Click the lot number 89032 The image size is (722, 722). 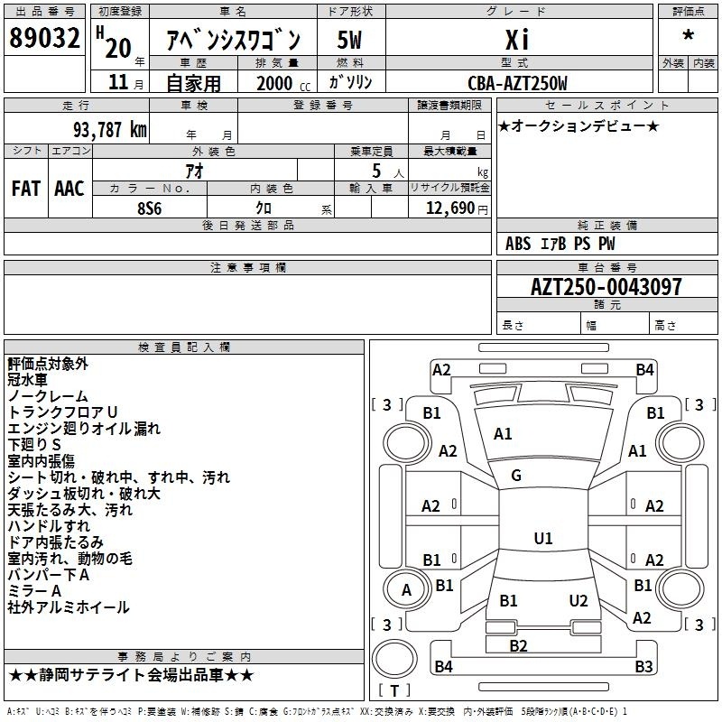(x=44, y=38)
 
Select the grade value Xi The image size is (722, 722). (x=517, y=40)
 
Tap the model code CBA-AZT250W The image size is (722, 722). (x=517, y=83)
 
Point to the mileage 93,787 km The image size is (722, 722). (x=110, y=130)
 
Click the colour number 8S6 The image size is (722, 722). (x=150, y=208)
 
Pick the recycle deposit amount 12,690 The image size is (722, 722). (x=450, y=208)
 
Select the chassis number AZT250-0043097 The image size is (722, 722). (x=606, y=287)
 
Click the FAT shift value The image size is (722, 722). (x=26, y=189)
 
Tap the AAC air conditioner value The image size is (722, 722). (x=69, y=189)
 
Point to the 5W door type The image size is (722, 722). (x=349, y=40)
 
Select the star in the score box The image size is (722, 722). (x=689, y=34)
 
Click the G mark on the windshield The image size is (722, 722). (x=516, y=476)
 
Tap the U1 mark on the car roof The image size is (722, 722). (x=543, y=538)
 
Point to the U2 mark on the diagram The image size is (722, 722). (x=579, y=601)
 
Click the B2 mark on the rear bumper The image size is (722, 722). (x=518, y=646)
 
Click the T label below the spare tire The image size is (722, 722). (x=394, y=690)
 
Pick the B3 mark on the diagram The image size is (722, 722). (x=643, y=666)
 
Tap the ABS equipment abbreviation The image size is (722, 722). (x=518, y=244)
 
